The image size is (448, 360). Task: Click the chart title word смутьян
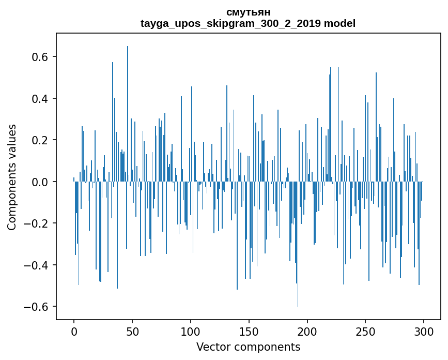tap(248, 12)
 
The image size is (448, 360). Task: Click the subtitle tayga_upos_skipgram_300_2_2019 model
tap(248, 23)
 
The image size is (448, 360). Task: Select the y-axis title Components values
tap(12, 177)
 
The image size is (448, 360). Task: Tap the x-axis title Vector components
tap(248, 347)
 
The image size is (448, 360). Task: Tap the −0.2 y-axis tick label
tap(37, 223)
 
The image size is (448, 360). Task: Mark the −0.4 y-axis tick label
tap(37, 265)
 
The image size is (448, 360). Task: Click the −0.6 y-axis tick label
tap(37, 307)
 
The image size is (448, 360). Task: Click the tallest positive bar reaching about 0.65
tap(128, 114)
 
